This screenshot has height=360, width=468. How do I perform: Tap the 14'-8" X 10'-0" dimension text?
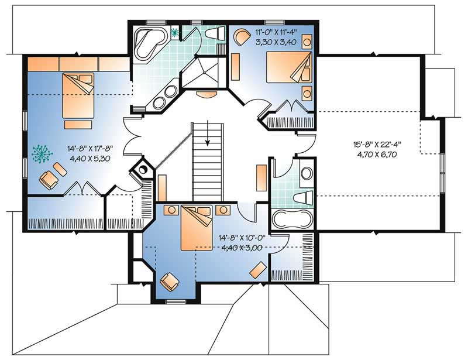click(245, 238)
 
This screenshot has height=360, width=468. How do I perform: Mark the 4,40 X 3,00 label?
click(245, 247)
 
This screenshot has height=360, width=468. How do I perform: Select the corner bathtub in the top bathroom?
click(147, 43)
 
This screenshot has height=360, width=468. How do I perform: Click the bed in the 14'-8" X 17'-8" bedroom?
click(78, 95)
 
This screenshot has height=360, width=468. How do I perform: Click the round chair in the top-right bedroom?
click(240, 37)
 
